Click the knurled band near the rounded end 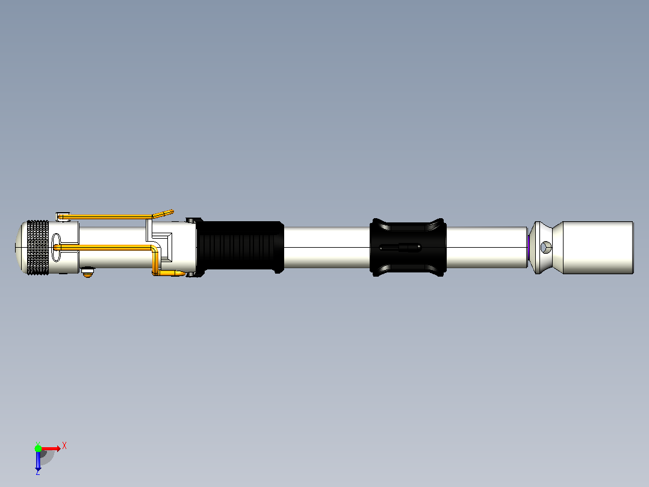[38, 248]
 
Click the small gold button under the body [87, 272]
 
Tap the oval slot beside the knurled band [57, 248]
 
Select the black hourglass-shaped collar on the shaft [408, 248]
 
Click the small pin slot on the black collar [400, 248]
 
